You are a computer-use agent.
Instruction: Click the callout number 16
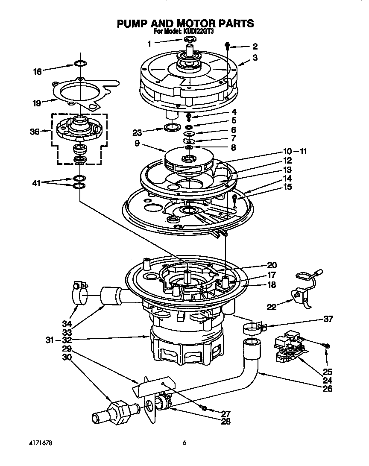click(38, 72)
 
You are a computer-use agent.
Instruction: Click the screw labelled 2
click(228, 45)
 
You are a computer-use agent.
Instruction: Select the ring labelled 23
click(171, 127)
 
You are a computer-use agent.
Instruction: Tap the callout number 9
click(137, 144)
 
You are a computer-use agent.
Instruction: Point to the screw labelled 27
click(205, 408)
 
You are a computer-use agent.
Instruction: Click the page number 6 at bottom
click(184, 443)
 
